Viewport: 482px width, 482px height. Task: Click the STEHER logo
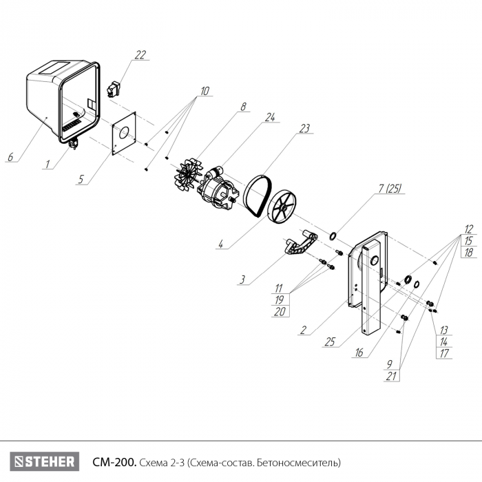tap(45, 461)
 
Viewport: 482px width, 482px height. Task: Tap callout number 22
tap(140, 55)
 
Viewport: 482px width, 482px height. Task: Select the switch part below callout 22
tap(113, 89)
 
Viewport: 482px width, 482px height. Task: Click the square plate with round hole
tap(124, 134)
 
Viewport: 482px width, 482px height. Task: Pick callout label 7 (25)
tap(390, 188)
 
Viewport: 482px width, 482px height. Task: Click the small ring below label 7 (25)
tap(333, 236)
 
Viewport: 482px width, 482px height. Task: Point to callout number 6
tap(10, 157)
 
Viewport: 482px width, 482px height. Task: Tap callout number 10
tap(205, 91)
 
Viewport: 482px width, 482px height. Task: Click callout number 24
tap(270, 117)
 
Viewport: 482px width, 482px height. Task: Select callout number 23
tap(304, 128)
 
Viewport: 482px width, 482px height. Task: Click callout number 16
tap(359, 353)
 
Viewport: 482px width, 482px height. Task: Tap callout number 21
tap(391, 376)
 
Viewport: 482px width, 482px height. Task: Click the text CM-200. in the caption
tap(114, 462)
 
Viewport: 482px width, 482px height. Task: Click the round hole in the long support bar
tap(375, 261)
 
